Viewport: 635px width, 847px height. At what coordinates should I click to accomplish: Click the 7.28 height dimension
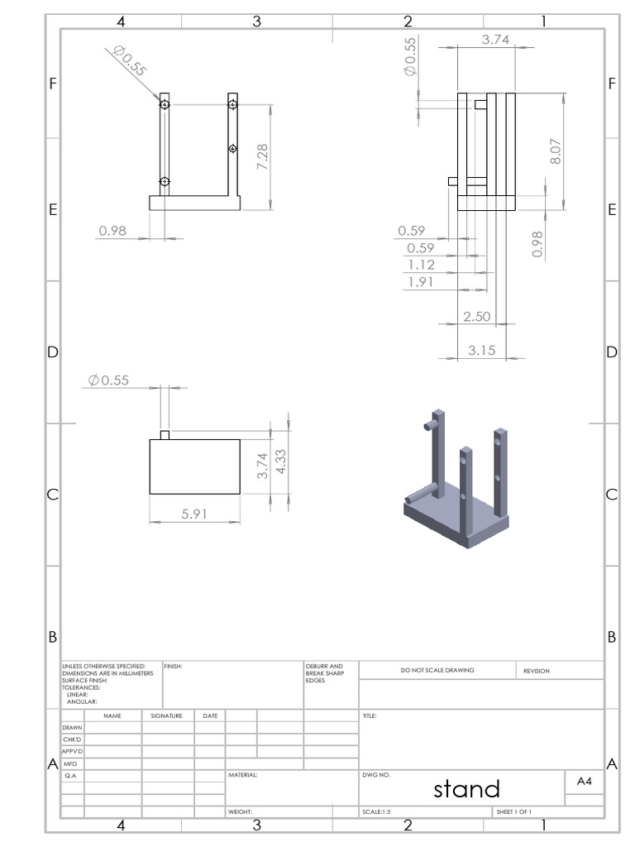tap(263, 157)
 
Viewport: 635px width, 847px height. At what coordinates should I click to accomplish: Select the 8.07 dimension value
tap(556, 151)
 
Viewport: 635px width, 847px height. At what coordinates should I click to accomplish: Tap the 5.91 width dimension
tap(194, 514)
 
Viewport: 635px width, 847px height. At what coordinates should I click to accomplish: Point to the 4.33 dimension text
tap(282, 462)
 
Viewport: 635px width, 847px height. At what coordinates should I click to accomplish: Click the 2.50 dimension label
tap(477, 317)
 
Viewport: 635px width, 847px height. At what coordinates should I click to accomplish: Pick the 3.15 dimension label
tap(481, 350)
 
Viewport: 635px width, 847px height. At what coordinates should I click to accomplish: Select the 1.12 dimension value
tap(421, 265)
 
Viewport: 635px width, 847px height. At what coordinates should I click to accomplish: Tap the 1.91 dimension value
tap(421, 282)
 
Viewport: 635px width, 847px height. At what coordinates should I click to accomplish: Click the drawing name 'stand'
tap(466, 789)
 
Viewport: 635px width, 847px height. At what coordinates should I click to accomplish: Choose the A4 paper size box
tap(584, 781)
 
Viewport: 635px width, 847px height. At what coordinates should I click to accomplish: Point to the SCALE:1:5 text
tap(377, 812)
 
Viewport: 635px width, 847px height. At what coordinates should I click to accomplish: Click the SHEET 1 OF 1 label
tap(513, 812)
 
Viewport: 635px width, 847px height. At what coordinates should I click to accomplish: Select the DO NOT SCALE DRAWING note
tap(437, 670)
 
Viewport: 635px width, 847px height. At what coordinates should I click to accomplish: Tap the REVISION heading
tap(537, 671)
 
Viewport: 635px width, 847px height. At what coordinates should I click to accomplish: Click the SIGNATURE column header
tap(166, 715)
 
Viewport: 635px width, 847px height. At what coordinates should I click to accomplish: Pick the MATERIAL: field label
tap(243, 776)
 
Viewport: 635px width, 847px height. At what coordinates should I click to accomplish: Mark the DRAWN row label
tap(72, 727)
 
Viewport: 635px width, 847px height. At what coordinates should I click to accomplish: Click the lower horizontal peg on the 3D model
tap(421, 494)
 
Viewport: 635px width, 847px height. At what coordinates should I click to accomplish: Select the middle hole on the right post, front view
tap(232, 149)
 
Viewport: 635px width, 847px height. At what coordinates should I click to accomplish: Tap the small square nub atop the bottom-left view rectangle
tap(165, 435)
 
